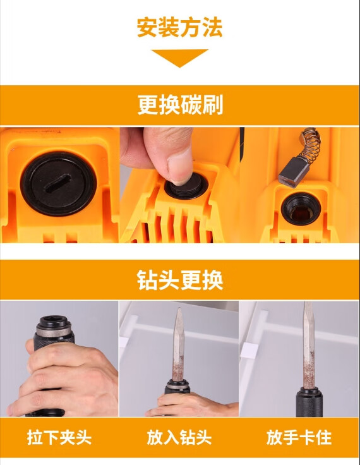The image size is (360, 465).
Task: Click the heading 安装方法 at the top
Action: click(180, 28)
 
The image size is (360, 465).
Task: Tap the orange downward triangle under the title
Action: click(180, 57)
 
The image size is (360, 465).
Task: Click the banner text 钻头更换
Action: click(180, 280)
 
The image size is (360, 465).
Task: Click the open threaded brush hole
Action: click(298, 208)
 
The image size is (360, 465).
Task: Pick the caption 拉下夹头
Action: click(59, 437)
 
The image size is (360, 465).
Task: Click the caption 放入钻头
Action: click(179, 437)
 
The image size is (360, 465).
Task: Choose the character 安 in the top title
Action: click(148, 28)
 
